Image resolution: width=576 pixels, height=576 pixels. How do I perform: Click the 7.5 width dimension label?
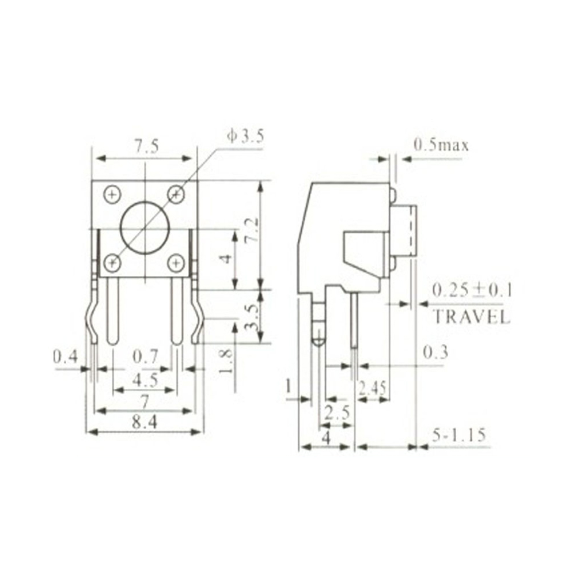(146, 147)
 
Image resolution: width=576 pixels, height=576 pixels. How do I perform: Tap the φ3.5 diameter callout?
(245, 137)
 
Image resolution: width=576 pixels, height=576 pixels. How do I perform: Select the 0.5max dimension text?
(441, 145)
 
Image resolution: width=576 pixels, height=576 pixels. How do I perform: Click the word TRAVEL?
(471, 316)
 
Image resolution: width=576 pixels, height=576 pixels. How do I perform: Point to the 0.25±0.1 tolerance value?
(472, 290)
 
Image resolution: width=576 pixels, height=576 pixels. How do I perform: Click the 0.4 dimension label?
(65, 357)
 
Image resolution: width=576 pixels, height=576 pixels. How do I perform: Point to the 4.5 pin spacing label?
(145, 380)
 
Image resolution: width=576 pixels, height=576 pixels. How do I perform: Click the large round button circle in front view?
(144, 229)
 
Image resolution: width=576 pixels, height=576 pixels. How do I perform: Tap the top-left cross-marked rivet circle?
(112, 194)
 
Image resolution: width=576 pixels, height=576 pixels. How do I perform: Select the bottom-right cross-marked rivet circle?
(176, 263)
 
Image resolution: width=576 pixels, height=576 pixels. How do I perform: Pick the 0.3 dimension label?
(435, 352)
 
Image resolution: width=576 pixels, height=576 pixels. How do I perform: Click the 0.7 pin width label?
(145, 357)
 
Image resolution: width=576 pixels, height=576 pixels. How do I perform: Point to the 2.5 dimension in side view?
(337, 412)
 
